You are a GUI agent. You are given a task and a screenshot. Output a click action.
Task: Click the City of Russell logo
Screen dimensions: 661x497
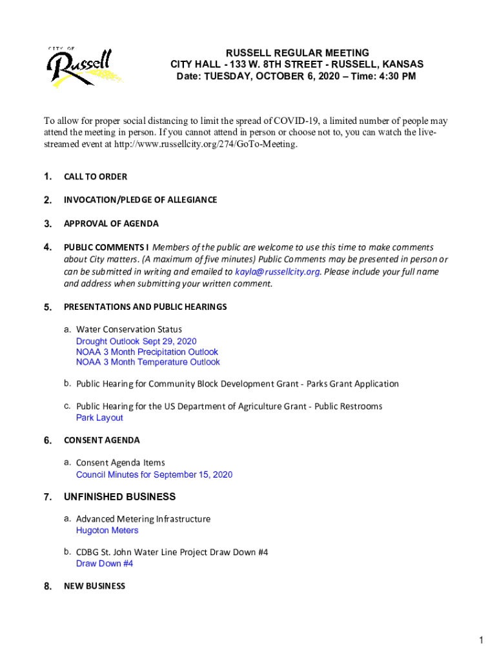85,66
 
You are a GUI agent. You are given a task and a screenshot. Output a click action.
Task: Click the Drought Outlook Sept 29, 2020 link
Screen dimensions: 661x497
136,341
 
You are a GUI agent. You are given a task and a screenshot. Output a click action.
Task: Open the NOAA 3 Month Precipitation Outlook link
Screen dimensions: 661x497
147,352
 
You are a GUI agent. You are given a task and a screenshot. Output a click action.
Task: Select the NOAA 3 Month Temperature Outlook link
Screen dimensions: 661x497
148,362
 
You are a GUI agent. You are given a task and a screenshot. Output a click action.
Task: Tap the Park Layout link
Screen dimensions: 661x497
99,418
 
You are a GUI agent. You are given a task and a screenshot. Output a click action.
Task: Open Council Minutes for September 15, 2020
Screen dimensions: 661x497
154,474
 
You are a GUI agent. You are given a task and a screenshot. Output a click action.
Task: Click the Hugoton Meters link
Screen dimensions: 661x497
107,531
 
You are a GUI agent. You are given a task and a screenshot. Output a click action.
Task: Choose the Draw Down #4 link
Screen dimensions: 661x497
105,564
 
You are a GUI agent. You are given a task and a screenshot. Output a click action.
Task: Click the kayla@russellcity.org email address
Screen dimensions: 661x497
278,272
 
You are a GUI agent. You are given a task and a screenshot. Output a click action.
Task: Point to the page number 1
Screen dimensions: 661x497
482,640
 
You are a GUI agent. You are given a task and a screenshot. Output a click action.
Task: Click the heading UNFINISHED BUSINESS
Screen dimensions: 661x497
119,497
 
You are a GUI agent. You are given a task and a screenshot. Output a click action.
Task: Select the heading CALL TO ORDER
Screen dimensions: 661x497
95,177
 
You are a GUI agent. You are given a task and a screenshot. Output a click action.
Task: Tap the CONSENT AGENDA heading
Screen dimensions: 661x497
101,440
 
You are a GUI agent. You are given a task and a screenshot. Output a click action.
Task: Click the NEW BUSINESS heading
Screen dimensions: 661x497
94,586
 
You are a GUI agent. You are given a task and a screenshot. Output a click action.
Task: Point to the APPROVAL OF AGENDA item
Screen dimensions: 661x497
111,224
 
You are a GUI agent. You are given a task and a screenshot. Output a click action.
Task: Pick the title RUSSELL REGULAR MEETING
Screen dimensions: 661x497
297,52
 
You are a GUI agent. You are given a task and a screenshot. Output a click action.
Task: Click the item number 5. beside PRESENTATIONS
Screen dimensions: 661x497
48,307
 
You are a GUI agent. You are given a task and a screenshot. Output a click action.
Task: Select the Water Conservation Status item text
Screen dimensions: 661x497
129,330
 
